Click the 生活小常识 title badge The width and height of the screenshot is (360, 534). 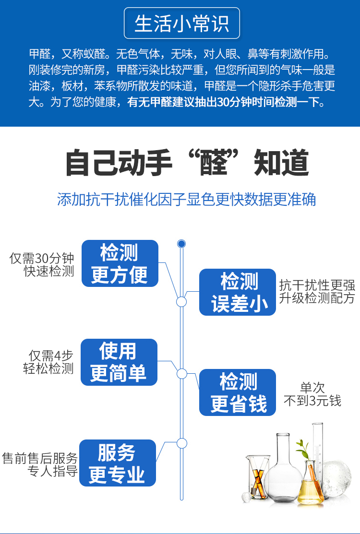point(181,24)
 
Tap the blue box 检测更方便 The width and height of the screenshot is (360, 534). point(120,263)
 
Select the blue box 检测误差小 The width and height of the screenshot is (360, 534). point(238,292)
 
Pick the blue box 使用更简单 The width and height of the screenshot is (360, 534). point(119,362)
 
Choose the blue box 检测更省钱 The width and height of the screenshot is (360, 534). point(238,392)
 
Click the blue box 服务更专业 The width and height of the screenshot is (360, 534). point(117,463)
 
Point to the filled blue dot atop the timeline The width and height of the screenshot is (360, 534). point(181,244)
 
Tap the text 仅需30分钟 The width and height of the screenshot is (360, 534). point(42,258)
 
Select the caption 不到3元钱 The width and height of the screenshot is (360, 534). point(312,401)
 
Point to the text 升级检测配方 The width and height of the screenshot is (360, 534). point(317,298)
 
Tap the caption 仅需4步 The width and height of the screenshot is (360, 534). point(51,356)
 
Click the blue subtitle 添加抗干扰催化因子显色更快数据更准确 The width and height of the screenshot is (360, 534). point(186,199)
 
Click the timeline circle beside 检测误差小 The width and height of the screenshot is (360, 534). point(181,302)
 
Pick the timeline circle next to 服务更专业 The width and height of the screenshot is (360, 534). point(181,443)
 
